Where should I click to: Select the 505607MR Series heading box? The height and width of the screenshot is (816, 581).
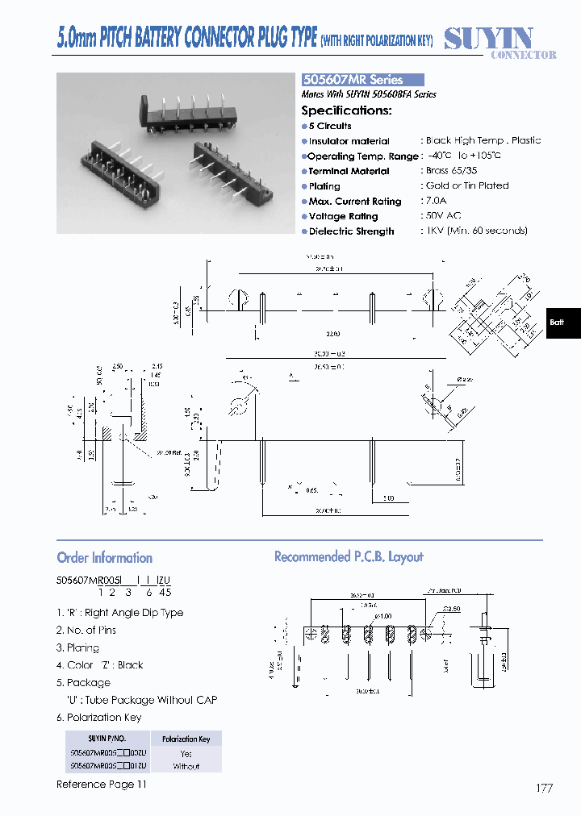point(362,80)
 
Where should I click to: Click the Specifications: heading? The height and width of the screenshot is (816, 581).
point(346,110)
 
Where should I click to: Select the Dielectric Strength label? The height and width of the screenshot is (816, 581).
point(351,231)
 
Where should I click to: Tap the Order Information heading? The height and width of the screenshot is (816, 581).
point(104,558)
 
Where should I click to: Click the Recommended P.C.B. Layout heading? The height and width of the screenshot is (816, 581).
point(349,557)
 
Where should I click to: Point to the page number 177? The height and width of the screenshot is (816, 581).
point(544,788)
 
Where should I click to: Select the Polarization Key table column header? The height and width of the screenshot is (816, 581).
point(186,739)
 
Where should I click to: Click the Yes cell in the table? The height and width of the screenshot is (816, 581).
point(186,753)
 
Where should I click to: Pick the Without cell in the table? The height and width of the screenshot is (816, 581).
point(186,766)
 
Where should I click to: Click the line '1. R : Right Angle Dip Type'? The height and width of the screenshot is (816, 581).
point(119,613)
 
